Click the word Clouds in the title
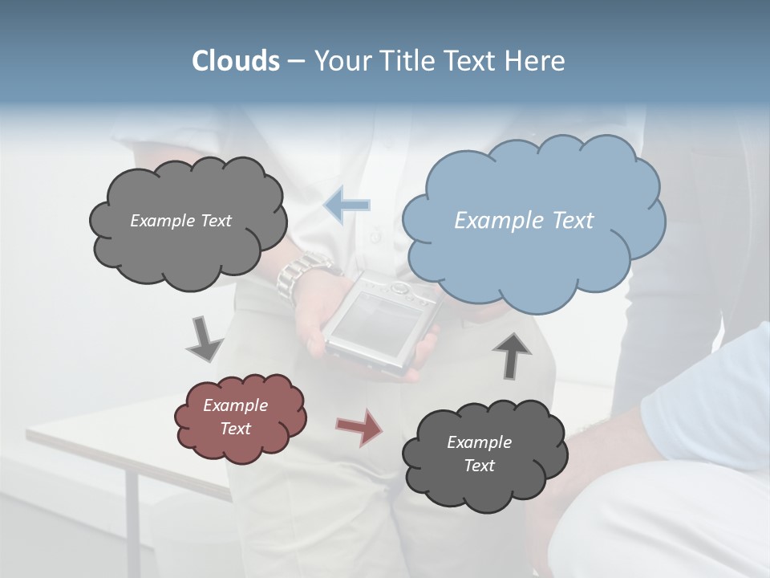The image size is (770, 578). tap(235, 61)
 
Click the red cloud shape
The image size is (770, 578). tap(240, 417)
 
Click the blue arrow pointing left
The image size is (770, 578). tap(346, 205)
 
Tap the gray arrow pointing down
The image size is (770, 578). tap(204, 338)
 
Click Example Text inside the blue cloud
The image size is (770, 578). tap(524, 221)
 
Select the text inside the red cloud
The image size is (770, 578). tap(235, 417)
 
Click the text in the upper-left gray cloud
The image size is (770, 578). tap(180, 221)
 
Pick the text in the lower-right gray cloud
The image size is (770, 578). tap(479, 454)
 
